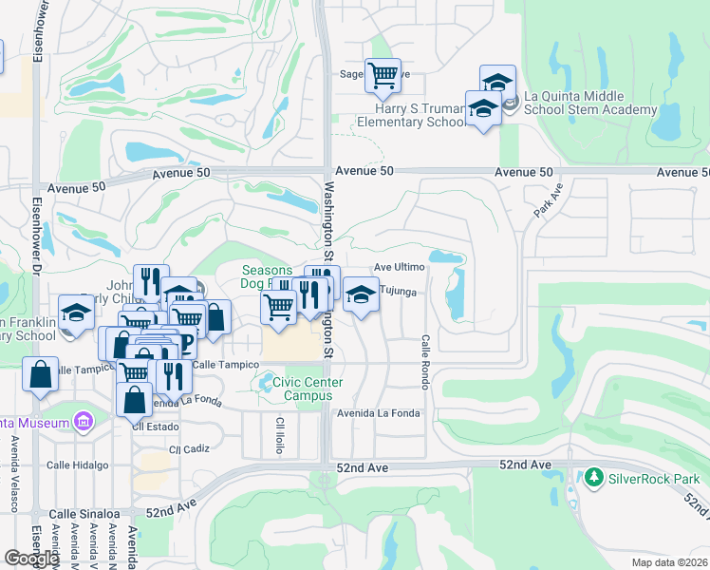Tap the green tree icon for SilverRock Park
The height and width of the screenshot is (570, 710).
pos(594,475)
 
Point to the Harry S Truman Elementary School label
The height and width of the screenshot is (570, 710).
pos(412,115)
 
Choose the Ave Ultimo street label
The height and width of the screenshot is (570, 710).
pos(399,268)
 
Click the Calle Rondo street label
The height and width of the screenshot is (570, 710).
pos(426,361)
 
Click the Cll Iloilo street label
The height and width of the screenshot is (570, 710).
pos(280,435)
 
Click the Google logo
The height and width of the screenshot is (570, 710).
pos(31,558)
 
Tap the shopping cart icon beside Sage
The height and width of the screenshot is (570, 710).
pos(383,75)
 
